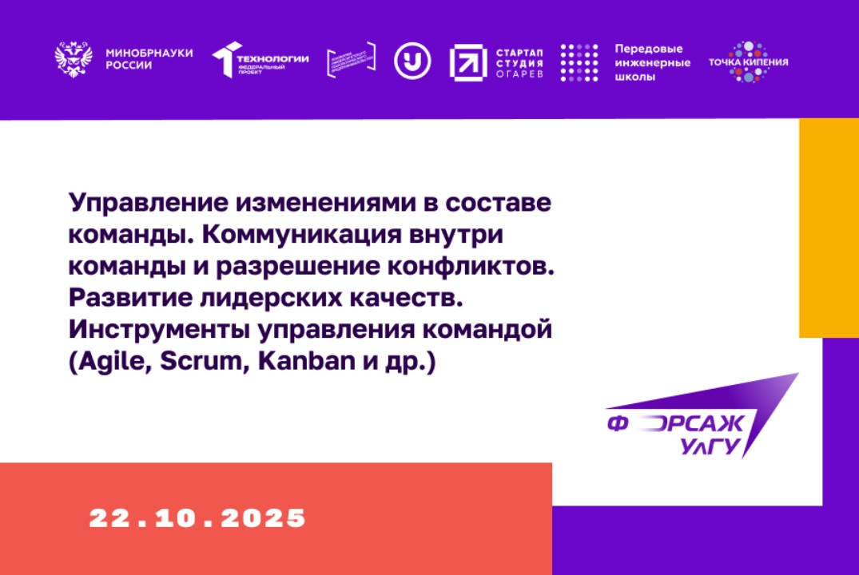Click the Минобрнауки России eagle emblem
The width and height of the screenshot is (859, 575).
coord(74,60)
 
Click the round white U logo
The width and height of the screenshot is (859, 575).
coord(412,60)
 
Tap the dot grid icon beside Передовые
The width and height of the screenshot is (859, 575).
coord(579,61)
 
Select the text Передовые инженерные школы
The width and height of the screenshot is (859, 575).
coord(652,62)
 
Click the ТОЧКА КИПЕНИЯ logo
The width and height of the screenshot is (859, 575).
coord(748,61)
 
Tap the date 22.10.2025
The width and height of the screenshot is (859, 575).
coord(197,517)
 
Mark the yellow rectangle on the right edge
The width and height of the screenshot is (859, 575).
coord(829,228)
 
